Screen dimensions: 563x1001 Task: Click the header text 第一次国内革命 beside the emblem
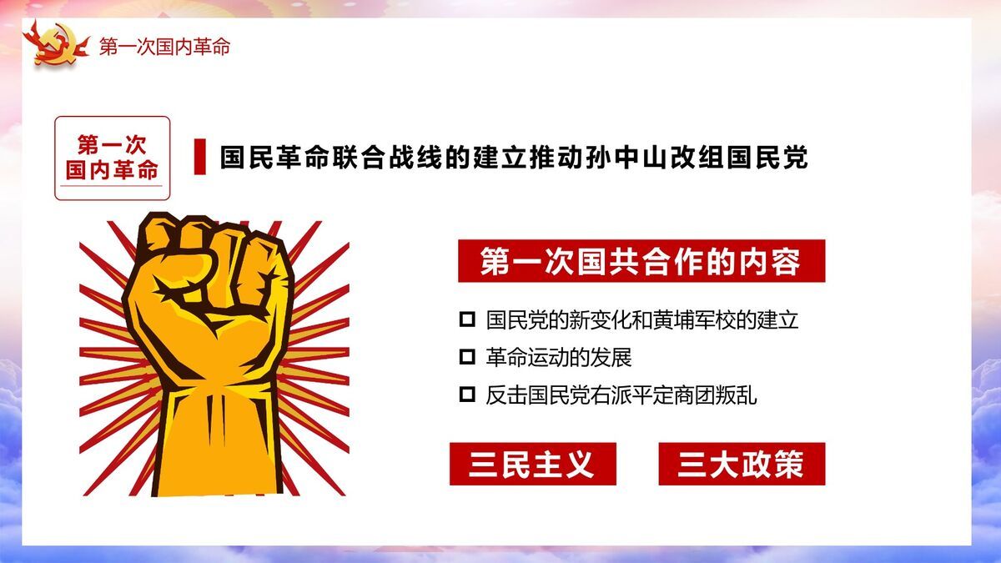tap(164, 47)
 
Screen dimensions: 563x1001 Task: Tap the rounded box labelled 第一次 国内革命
tap(113, 158)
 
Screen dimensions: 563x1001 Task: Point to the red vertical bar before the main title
tap(199, 158)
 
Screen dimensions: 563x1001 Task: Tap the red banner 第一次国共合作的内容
tap(641, 262)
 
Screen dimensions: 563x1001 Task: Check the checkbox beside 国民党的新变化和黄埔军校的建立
tap(467, 319)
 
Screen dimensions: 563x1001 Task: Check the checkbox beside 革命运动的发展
tap(467, 358)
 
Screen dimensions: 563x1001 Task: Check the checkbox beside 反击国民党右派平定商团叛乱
tap(467, 395)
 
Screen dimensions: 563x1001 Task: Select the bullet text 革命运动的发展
tap(559, 358)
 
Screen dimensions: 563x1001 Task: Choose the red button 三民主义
tap(532, 464)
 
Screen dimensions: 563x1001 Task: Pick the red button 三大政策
tap(741, 464)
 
